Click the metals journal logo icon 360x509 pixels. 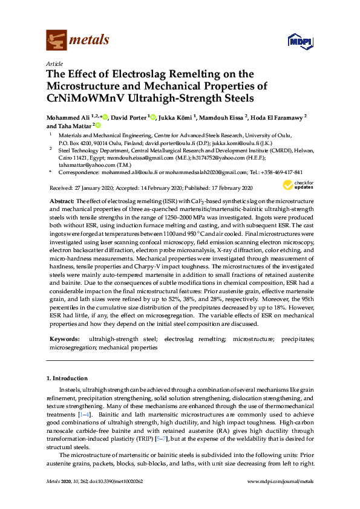[56, 40]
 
